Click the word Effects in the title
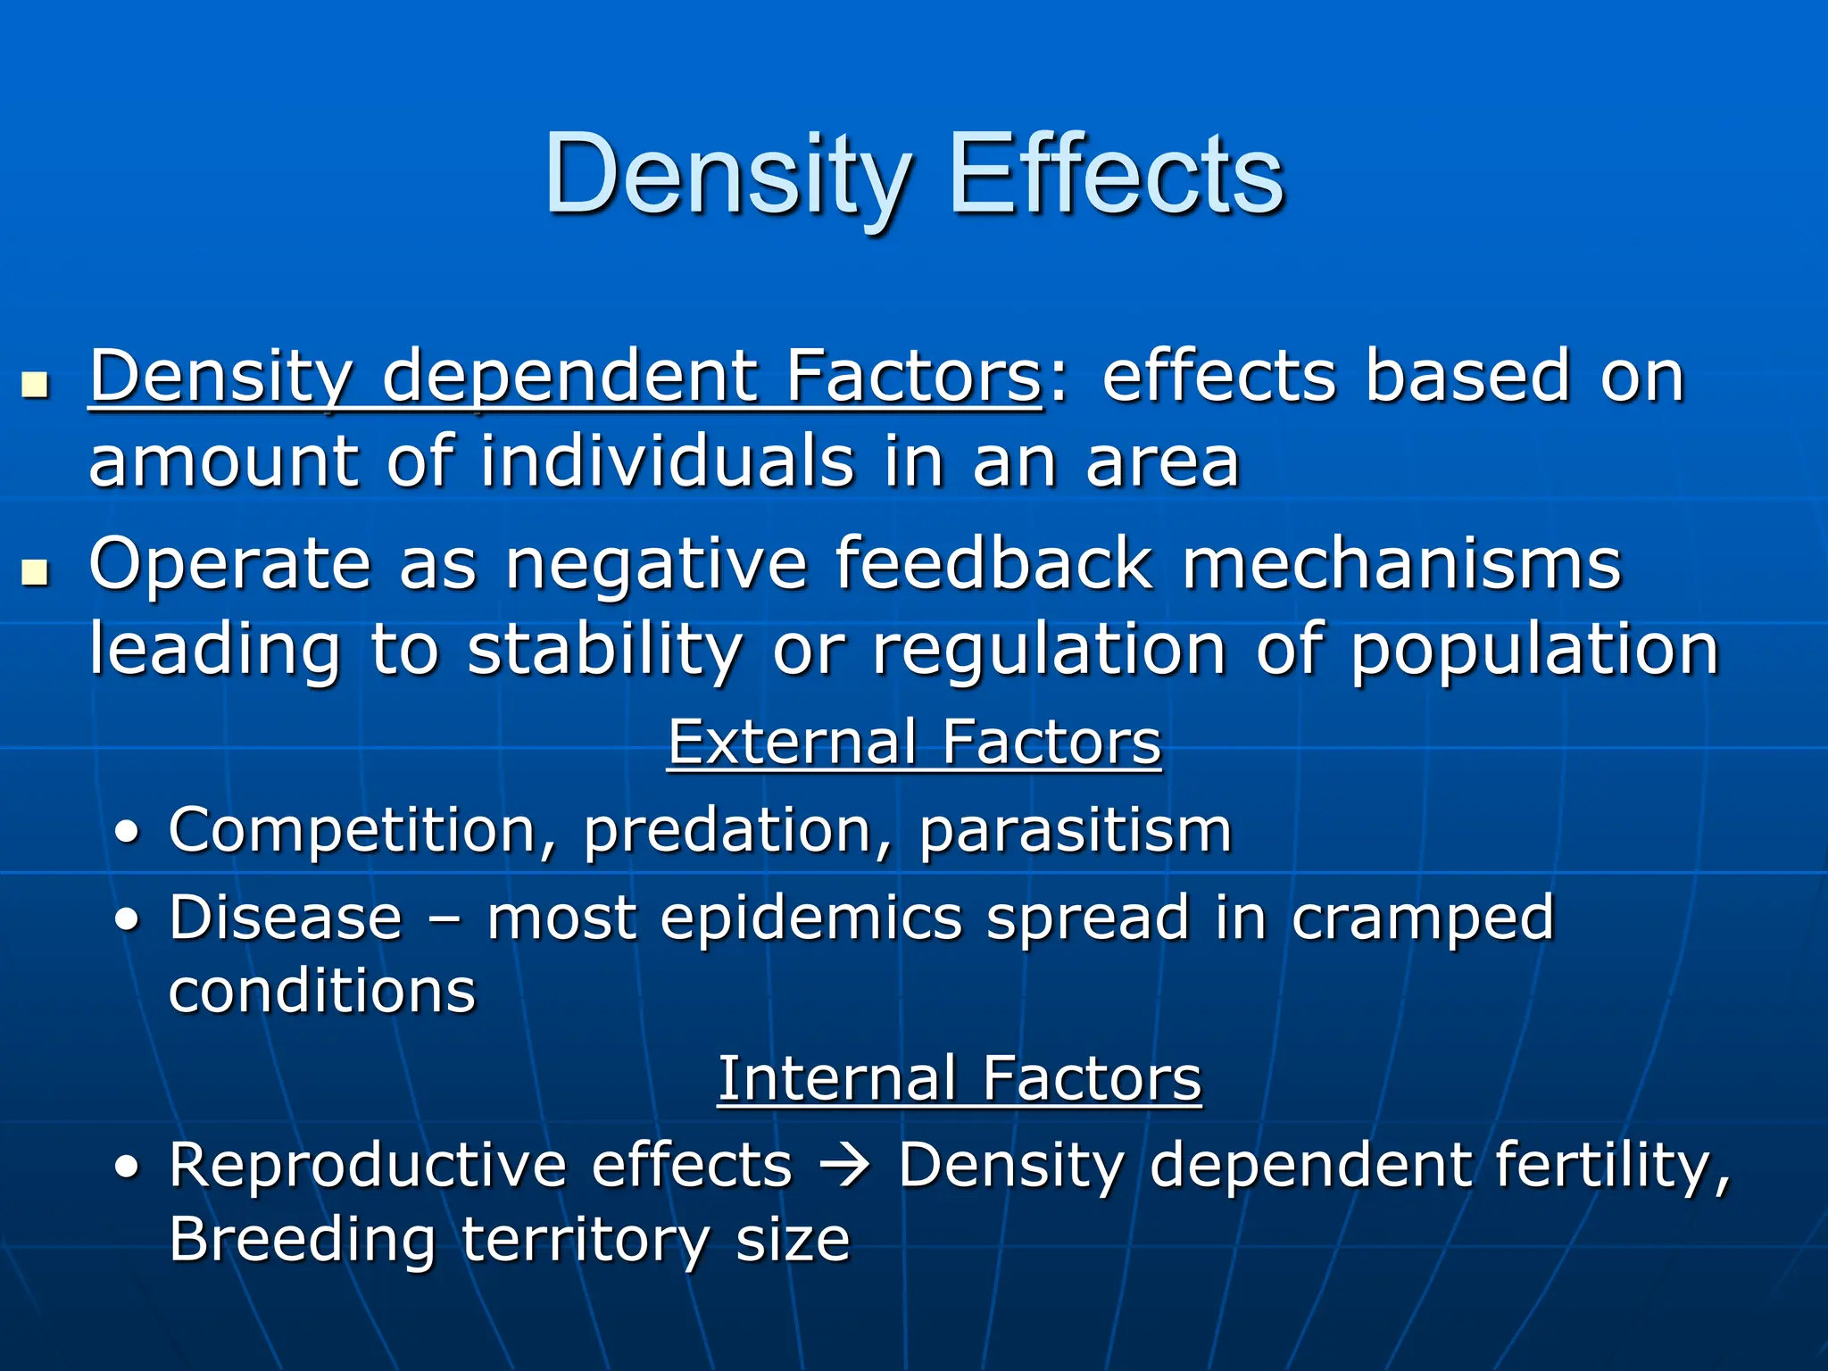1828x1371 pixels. pyautogui.click(x=1116, y=174)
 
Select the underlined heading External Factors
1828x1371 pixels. pyautogui.click(x=914, y=743)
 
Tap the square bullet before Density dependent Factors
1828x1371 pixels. pyautogui.click(x=35, y=386)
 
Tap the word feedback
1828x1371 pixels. pyautogui.click(x=993, y=564)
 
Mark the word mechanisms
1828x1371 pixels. pyautogui.click(x=1401, y=564)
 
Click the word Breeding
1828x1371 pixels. pyautogui.click(x=302, y=1241)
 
